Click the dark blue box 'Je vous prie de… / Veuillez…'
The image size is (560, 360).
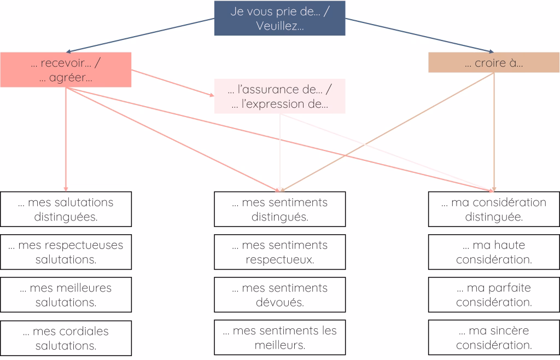(279, 18)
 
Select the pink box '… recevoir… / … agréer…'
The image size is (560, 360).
(66, 69)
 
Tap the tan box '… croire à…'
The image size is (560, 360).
(494, 62)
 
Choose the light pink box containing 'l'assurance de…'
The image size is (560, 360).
(279, 96)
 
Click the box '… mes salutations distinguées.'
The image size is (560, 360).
(66, 209)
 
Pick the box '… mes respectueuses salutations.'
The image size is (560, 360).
(66, 252)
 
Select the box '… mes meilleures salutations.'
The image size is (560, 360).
(66, 294)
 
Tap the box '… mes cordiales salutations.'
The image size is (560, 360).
(66, 338)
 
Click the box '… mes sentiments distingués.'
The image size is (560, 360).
(279, 209)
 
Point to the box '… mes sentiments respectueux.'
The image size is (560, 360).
(279, 252)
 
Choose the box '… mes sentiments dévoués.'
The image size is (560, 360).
(279, 294)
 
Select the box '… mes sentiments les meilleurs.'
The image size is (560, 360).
(279, 338)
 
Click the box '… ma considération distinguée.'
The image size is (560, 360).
(494, 209)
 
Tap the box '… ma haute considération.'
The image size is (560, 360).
(494, 252)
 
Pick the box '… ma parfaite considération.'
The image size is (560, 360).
(494, 294)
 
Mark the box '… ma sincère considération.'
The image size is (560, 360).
(494, 338)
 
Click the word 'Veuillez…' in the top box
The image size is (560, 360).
(279, 26)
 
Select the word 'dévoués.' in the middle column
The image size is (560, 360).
(279, 302)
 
